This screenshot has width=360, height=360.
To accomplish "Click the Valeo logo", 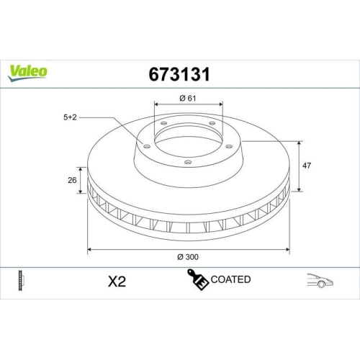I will pyautogui.click(x=28, y=71).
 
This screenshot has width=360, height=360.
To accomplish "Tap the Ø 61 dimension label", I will pyautogui.click(x=186, y=98).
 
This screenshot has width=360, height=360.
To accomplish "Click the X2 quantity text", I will pyautogui.click(x=116, y=281).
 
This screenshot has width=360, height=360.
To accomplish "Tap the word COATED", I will pyautogui.click(x=230, y=279).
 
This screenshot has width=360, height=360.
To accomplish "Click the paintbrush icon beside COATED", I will pyautogui.click(x=197, y=280).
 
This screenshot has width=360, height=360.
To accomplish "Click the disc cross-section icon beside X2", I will pyautogui.click(x=21, y=280).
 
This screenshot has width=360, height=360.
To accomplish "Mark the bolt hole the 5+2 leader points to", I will pyautogui.click(x=147, y=147).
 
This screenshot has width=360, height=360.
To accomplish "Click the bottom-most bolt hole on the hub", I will pyautogui.click(x=187, y=163).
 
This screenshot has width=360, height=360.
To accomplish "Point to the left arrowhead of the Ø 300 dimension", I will pyautogui.click(x=89, y=249).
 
